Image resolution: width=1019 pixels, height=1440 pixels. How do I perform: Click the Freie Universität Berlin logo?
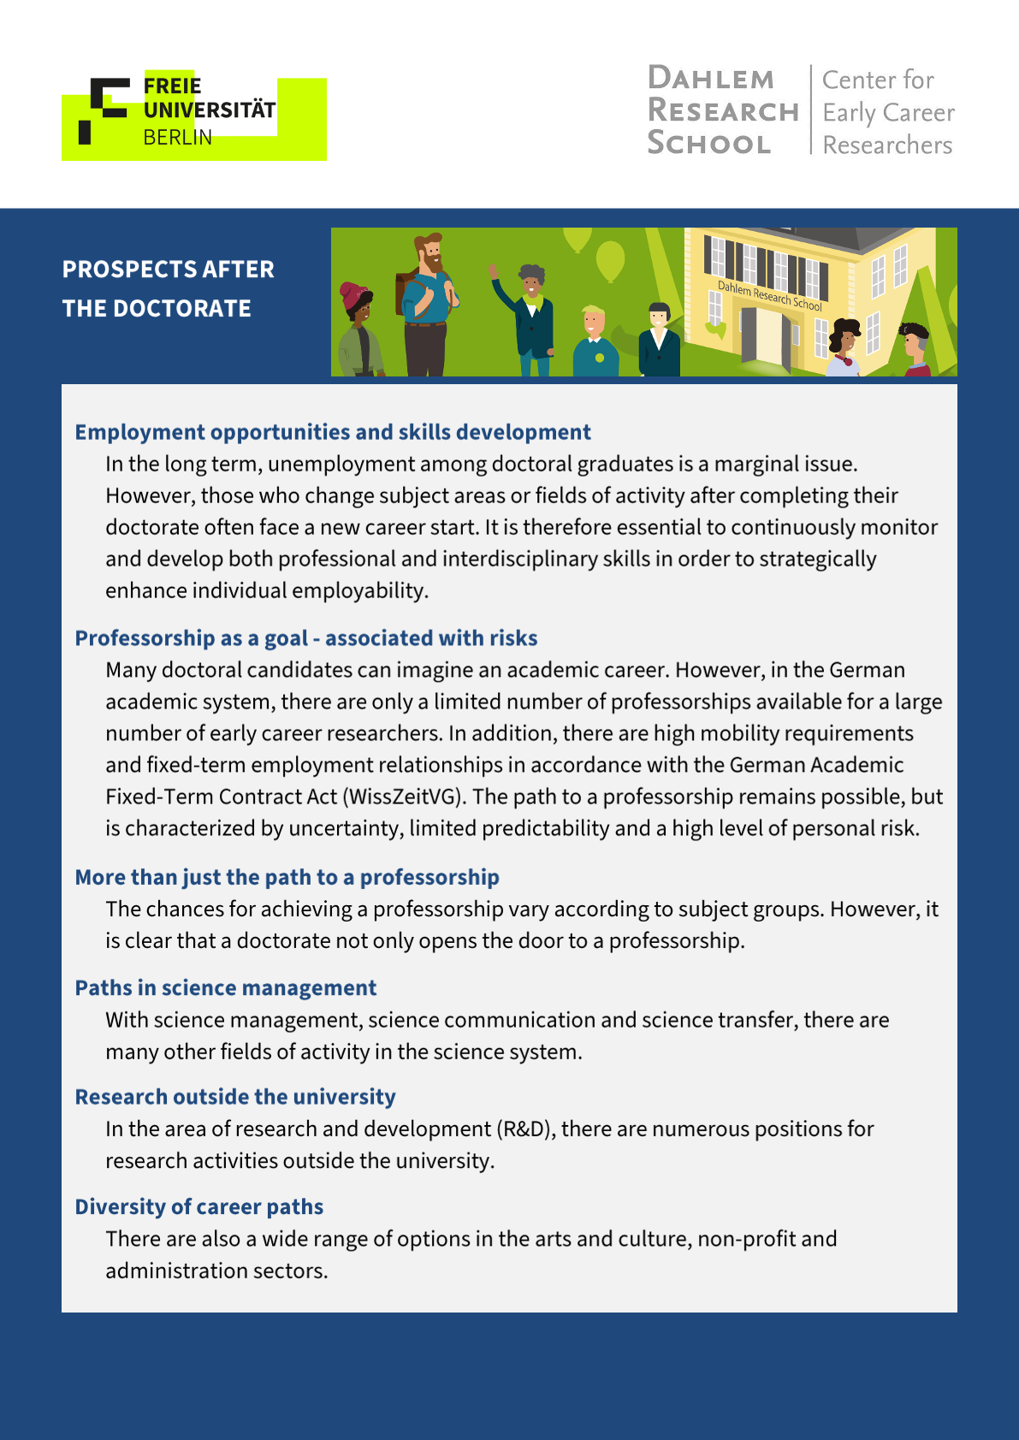tap(193, 116)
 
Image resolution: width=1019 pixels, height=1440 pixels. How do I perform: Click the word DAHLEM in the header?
tap(711, 79)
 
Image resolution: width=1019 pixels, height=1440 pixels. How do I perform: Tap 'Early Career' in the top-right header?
tap(888, 113)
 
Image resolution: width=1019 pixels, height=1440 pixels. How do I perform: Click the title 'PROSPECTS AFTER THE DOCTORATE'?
tap(169, 288)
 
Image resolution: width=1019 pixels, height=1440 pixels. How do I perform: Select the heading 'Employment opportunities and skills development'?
tap(333, 432)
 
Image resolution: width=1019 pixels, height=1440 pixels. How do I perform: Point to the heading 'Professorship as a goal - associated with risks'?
tap(306, 638)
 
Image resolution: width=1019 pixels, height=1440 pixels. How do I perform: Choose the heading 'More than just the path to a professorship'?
tap(287, 877)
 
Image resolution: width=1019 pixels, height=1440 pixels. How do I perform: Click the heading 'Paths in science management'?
tap(226, 988)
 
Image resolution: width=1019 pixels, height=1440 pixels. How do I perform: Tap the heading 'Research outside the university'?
tap(235, 1097)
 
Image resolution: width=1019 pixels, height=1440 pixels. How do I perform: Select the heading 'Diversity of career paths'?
tap(199, 1207)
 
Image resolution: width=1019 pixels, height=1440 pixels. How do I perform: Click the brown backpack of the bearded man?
tap(405, 291)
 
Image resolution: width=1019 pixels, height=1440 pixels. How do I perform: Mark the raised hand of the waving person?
tap(494, 270)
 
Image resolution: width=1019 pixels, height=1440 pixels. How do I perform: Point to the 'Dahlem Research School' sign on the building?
tap(769, 295)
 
